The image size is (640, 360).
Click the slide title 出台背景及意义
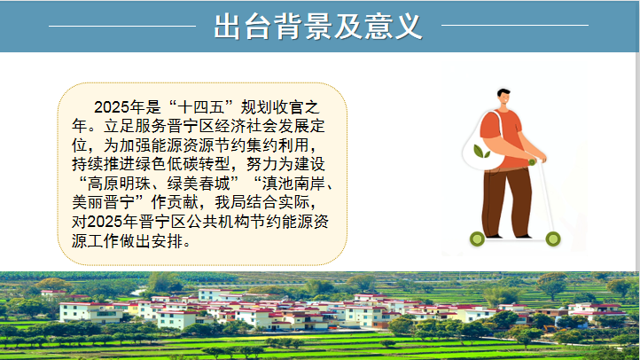click(x=318, y=27)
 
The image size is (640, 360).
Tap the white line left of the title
click(x=122, y=26)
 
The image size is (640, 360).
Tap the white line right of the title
click(x=515, y=26)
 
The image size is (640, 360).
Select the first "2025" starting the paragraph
click(x=111, y=107)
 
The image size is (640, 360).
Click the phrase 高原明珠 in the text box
click(x=119, y=184)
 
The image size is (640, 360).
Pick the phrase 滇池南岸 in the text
click(x=294, y=184)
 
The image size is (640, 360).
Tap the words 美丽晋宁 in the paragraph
click(x=104, y=202)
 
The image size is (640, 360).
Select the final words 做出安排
click(x=151, y=241)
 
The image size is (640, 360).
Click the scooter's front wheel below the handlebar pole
click(x=553, y=239)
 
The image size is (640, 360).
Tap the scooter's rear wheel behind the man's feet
click(x=477, y=239)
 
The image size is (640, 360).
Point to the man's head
click(x=504, y=98)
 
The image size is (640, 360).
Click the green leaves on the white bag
click(x=481, y=152)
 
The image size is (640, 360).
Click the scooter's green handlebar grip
click(x=532, y=162)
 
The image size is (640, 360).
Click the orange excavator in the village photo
click(x=551, y=329)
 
